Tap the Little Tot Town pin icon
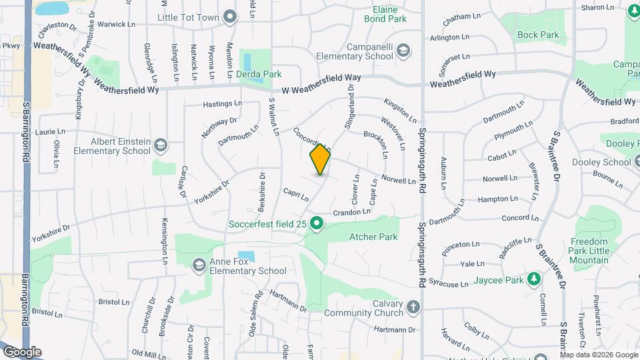tap(231, 16)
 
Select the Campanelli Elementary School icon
tap(407, 51)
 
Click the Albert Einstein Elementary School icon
tap(161, 145)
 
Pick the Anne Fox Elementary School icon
tap(198, 266)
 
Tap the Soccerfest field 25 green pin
tap(317, 224)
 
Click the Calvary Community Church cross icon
tap(413, 307)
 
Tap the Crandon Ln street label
tap(351, 212)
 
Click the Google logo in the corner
tap(22, 352)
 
